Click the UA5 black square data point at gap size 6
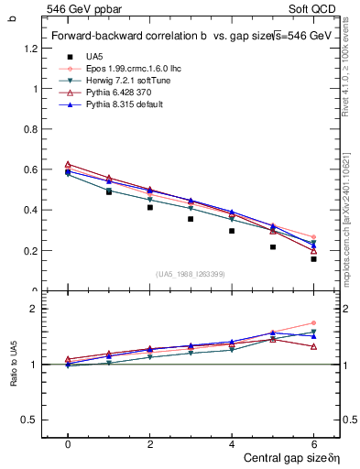click(x=313, y=258)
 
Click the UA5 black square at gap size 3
click(x=191, y=219)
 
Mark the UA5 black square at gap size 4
click(x=232, y=231)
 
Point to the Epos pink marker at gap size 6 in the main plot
click(x=313, y=237)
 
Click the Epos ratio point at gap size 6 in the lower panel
click(x=313, y=323)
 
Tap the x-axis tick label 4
click(x=232, y=443)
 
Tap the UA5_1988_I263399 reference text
click(x=191, y=274)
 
